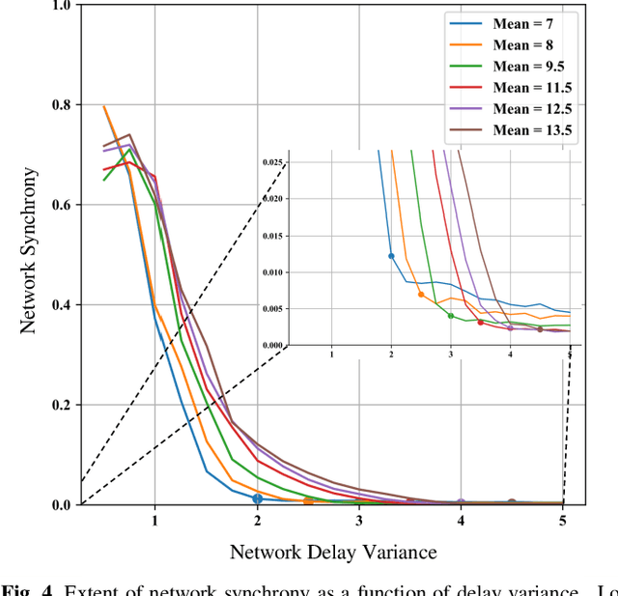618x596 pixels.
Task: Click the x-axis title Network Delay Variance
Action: pos(333,553)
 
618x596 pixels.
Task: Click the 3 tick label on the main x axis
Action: pos(359,522)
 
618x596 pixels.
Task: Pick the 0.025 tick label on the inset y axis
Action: pos(273,162)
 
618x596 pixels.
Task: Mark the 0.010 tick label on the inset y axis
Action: pos(273,272)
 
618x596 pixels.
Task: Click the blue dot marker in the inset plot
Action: pos(391,256)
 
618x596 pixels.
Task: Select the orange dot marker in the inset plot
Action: pos(421,294)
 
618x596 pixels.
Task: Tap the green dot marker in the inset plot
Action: pos(451,316)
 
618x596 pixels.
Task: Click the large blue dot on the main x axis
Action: pos(257,499)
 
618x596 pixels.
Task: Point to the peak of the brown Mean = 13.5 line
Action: pos(129,135)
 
